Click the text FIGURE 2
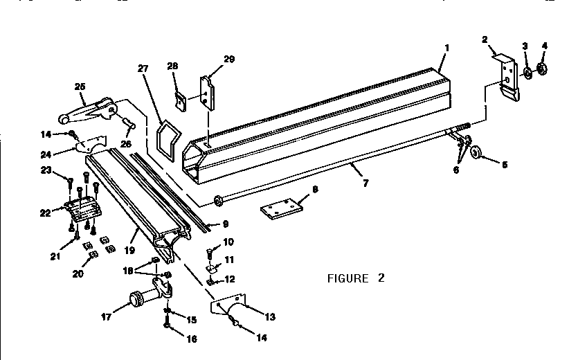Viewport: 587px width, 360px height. pos(355,279)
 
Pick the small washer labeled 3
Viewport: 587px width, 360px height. pos(527,71)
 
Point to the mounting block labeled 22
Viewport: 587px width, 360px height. pos(81,207)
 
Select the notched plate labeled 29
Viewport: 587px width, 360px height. pos(207,91)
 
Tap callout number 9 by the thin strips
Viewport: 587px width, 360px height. pos(224,224)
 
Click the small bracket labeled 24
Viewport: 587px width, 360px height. pos(89,145)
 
